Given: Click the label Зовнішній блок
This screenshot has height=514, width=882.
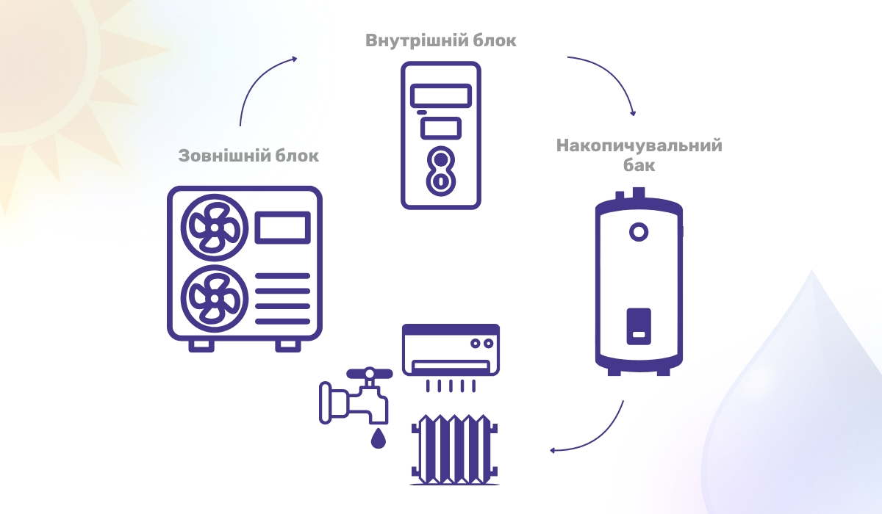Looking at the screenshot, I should (x=249, y=156).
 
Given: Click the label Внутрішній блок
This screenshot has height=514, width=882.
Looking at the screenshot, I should (x=441, y=40).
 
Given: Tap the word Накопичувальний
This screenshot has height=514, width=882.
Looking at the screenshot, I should (x=639, y=145).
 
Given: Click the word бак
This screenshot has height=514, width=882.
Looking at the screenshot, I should (x=639, y=166).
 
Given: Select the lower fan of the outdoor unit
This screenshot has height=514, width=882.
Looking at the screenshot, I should (x=210, y=297).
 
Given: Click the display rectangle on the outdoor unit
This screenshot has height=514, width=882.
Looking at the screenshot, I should (x=283, y=228).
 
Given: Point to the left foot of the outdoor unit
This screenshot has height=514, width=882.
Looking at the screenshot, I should (x=201, y=344).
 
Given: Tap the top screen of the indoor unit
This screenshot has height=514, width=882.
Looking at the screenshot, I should (x=441, y=96).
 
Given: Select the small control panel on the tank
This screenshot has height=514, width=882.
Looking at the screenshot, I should (x=637, y=325).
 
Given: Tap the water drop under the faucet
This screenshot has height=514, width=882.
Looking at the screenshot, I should (x=378, y=438).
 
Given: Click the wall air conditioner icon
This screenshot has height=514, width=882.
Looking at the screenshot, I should (x=450, y=349).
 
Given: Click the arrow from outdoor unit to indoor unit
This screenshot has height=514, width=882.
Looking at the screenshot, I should (x=261, y=84).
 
